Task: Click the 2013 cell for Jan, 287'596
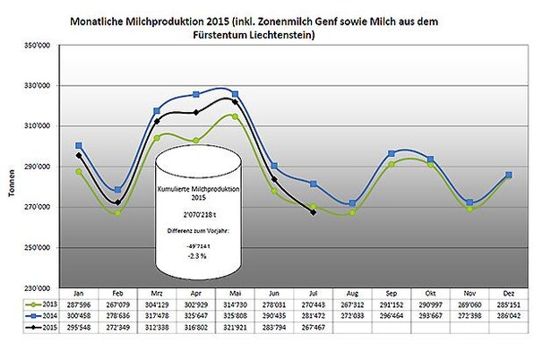[80, 304]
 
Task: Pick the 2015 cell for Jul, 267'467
[313, 328]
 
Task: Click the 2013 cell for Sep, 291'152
[392, 304]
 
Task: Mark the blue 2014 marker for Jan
[80, 145]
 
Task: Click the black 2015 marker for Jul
[313, 212]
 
